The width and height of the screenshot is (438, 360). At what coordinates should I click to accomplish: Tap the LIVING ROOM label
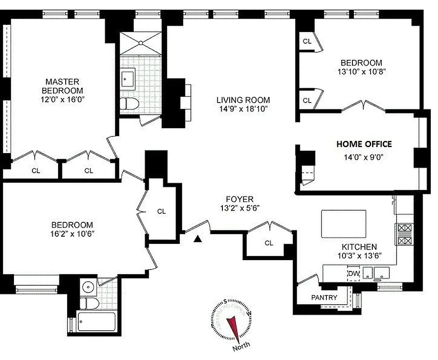(243, 100)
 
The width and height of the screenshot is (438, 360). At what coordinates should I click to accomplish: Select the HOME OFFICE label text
(364, 144)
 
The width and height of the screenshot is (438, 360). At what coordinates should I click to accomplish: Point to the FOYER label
(239, 199)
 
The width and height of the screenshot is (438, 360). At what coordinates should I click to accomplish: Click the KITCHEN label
(358, 247)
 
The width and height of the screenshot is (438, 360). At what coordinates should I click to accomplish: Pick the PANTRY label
(324, 297)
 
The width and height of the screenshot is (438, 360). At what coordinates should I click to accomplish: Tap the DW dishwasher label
(352, 273)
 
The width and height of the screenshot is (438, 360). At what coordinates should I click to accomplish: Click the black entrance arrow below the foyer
(197, 239)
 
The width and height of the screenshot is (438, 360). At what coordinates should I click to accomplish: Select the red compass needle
(233, 326)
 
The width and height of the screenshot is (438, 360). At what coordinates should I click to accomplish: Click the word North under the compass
(242, 349)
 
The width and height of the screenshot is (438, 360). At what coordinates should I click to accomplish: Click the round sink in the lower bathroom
(88, 286)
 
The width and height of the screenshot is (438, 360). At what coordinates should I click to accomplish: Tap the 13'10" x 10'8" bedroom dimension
(361, 71)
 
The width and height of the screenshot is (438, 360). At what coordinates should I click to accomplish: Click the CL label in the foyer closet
(269, 243)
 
